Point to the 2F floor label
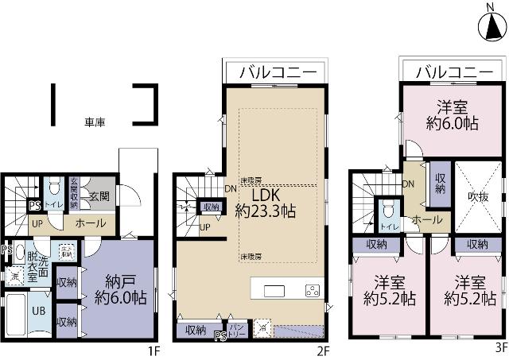pos(322,349)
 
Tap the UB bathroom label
pos(38,311)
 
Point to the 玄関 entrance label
pos(99,195)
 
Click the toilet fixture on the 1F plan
pos(52,188)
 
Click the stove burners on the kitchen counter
pos(313,289)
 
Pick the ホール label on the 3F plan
pos(427,220)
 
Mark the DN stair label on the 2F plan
pos(230,188)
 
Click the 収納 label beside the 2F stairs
pos(211,207)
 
